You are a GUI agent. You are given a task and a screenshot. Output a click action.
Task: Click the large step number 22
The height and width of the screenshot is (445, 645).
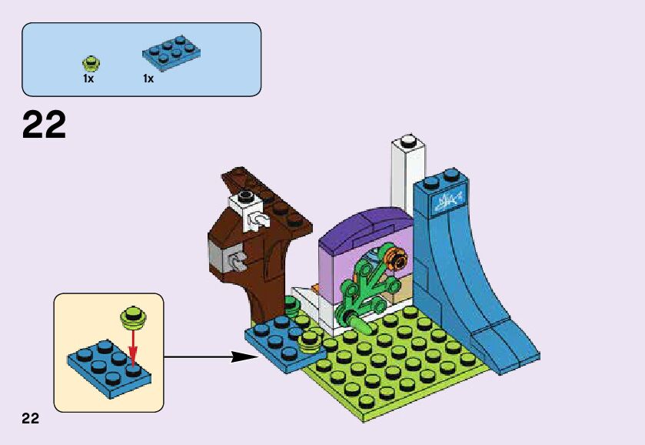[45, 125]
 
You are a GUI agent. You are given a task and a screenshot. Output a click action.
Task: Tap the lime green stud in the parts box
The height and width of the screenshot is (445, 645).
[90, 61]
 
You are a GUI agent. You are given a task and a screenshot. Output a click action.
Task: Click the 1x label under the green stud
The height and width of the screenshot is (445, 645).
[88, 79]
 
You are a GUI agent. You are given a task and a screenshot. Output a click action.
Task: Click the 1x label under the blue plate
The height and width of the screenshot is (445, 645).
[148, 79]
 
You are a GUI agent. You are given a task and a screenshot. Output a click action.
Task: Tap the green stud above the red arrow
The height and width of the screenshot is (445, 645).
[132, 316]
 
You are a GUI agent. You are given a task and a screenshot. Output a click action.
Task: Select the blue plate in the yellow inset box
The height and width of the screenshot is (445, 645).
[108, 369]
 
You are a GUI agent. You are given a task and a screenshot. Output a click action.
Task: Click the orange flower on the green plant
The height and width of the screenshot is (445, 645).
[397, 259]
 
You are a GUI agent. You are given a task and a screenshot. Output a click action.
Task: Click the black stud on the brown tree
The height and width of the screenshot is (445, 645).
[245, 196]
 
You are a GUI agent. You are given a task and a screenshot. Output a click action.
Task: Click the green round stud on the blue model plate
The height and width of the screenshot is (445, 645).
[309, 340]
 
